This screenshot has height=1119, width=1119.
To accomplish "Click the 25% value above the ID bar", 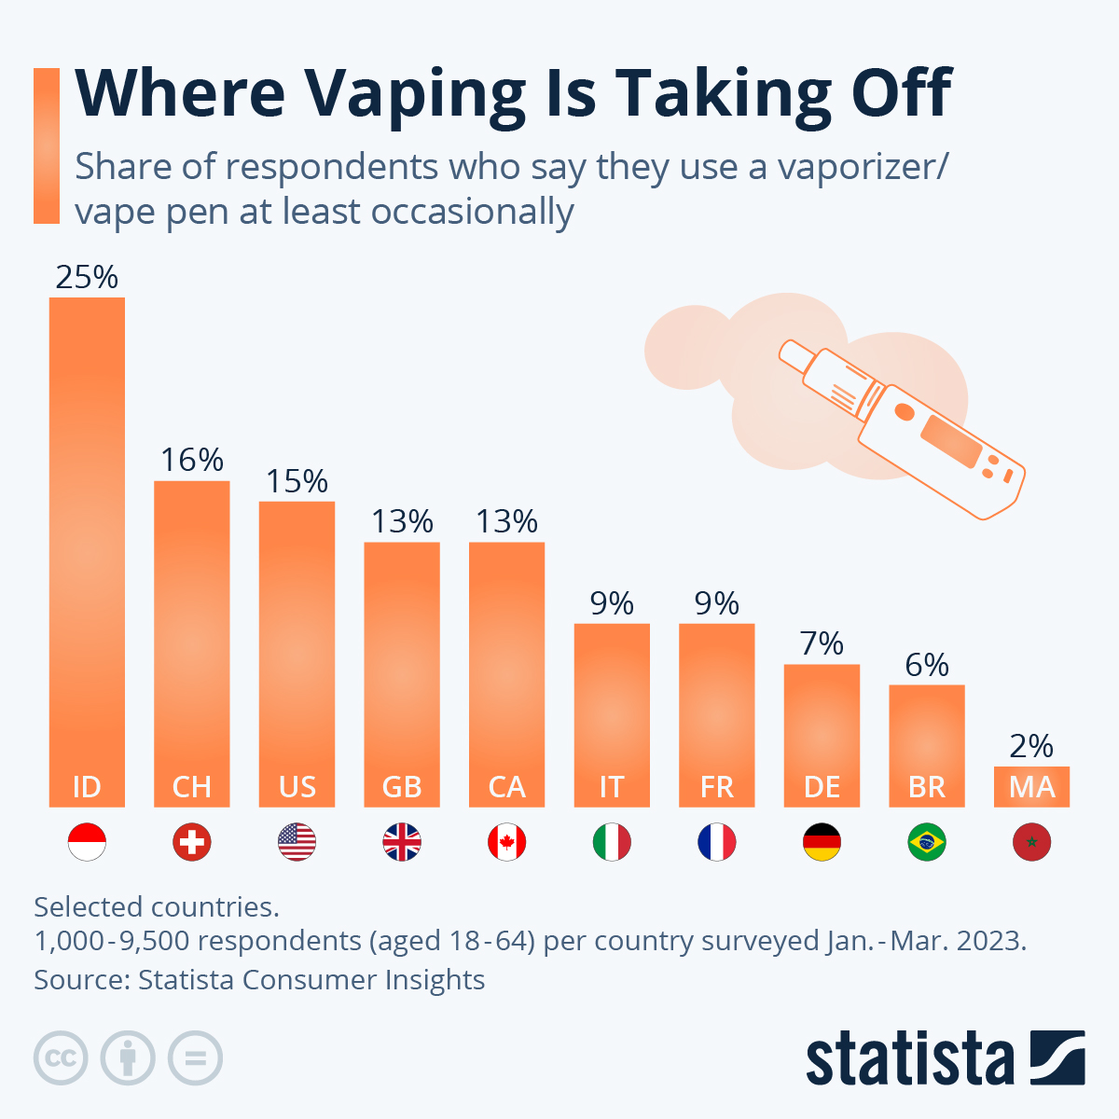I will [87, 278].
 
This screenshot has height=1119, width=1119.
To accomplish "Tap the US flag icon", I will [297, 843].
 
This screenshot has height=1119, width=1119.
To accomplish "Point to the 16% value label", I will [191, 461].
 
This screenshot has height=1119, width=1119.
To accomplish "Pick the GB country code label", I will [402, 787].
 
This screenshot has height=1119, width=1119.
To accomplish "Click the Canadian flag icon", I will [506, 843].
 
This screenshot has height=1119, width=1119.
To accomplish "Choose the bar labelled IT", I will [612, 709].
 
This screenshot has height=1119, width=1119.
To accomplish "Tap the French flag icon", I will [716, 843].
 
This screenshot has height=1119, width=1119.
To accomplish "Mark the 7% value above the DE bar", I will [822, 644].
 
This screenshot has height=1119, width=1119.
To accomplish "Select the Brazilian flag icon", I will [926, 843].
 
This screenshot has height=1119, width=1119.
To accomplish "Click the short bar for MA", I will [1031, 786].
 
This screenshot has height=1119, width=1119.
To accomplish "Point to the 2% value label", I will [1031, 746].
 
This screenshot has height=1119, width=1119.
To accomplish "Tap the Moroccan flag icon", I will [1031, 843].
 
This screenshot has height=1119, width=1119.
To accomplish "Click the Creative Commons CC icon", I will [61, 1058].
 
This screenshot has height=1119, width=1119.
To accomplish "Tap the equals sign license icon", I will [195, 1058].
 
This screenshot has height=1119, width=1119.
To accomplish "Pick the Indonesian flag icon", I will [87, 843].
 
